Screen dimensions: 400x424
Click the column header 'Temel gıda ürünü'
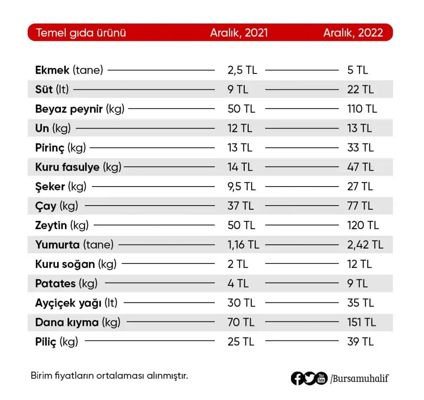tap(81, 33)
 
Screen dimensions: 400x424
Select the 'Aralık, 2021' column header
tap(239, 33)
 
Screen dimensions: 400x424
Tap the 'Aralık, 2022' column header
tap(353, 33)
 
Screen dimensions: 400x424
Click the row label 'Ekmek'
tap(53, 70)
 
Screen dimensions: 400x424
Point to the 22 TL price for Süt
tap(360, 89)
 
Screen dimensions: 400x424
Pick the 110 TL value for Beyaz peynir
tap(362, 109)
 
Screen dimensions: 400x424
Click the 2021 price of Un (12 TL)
tap(240, 128)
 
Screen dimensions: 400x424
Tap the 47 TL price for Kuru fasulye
tap(360, 167)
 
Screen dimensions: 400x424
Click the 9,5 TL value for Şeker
tap(241, 187)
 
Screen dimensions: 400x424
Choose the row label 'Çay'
tap(46, 206)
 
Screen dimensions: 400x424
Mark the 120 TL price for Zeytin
tap(363, 225)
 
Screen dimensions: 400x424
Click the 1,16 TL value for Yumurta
tap(243, 245)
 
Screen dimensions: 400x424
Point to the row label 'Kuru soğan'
tap(65, 264)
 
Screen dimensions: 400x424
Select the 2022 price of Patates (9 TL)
tap(357, 284)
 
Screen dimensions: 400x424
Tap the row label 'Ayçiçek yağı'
tap(68, 303)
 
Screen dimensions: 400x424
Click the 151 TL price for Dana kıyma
tap(361, 323)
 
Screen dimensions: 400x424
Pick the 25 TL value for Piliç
tap(240, 342)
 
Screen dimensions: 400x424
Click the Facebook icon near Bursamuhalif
tap(297, 378)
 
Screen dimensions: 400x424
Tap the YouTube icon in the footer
tap(321, 378)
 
